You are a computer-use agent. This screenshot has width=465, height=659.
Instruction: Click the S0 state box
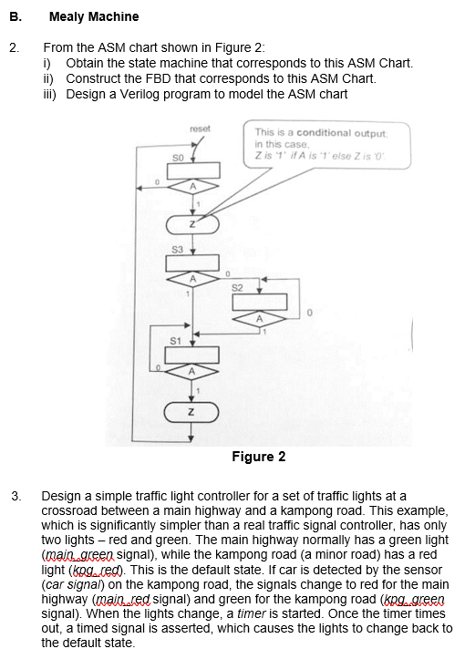[x=193, y=170]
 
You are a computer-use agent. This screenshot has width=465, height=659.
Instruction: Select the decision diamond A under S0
[x=193, y=189]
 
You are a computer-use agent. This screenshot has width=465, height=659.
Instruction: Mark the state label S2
[x=239, y=289]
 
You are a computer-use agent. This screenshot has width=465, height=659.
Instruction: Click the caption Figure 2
[x=258, y=456]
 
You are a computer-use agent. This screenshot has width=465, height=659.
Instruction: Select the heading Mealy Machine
[x=94, y=16]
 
